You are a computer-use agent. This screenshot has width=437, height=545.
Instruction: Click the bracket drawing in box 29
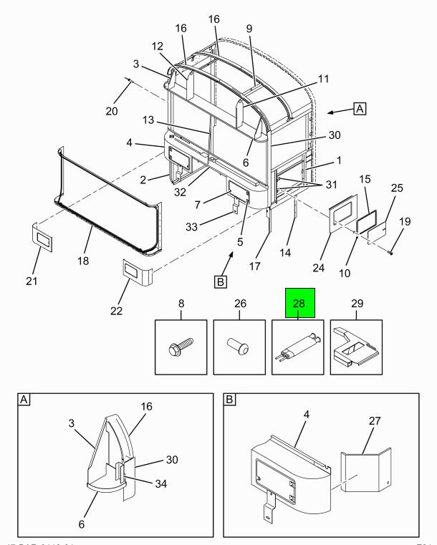tap(357, 348)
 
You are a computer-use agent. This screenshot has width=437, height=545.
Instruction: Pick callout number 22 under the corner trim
tap(115, 310)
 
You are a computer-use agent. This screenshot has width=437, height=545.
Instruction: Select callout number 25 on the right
tap(396, 188)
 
